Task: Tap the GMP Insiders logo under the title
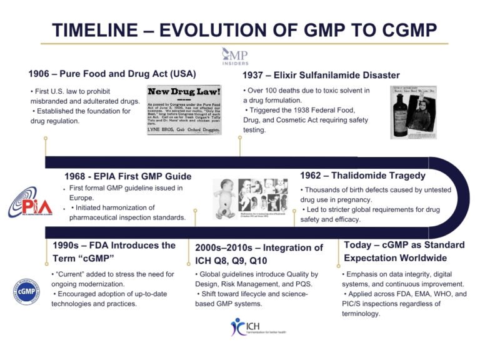tap(235, 55)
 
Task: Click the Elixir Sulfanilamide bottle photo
tap(413, 112)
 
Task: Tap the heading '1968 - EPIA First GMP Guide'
tap(128, 176)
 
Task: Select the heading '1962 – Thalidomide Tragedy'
tap(362, 176)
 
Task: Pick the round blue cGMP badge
tap(26, 291)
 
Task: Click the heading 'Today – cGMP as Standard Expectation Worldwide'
tap(404, 251)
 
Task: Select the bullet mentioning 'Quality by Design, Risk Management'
tap(257, 279)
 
